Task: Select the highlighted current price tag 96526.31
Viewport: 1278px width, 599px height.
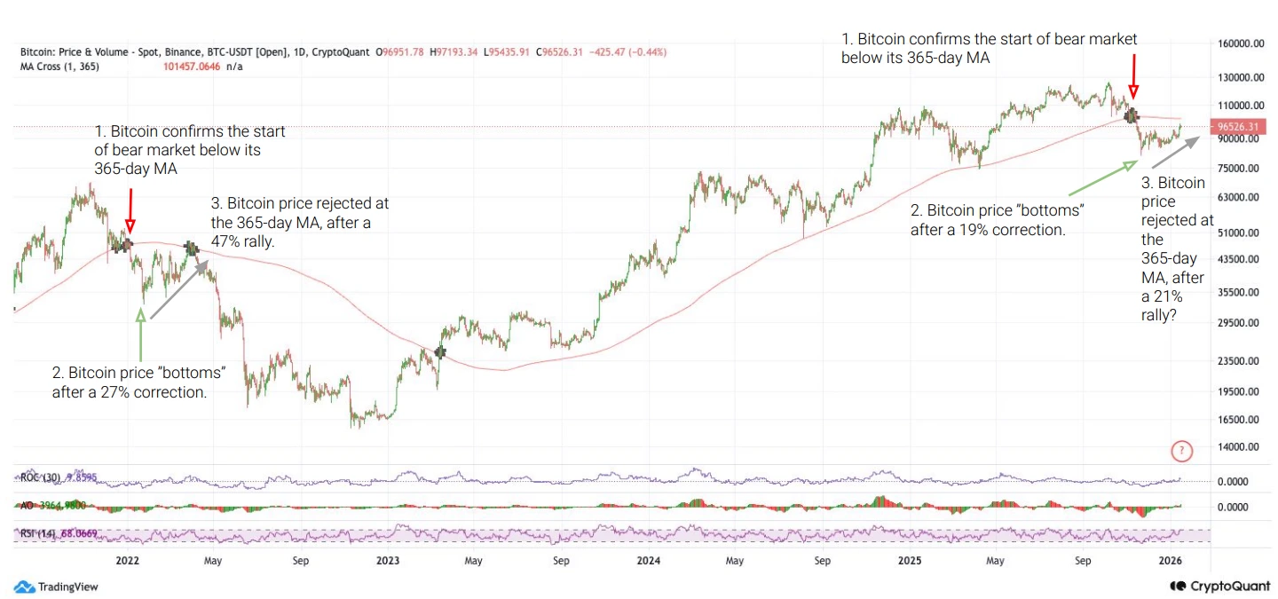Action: (1241, 128)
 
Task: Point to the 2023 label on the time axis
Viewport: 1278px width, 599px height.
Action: (388, 561)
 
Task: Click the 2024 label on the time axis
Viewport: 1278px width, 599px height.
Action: (649, 561)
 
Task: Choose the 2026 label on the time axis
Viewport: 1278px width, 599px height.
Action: (1171, 561)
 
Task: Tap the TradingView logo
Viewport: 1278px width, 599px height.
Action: (57, 587)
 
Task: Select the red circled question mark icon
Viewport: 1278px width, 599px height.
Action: (1181, 452)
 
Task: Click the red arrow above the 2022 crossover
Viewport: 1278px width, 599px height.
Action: (130, 209)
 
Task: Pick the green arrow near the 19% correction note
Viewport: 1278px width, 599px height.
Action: (1104, 177)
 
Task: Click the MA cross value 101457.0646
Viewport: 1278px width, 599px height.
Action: (195, 67)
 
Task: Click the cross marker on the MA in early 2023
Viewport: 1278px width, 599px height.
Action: (440, 352)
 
